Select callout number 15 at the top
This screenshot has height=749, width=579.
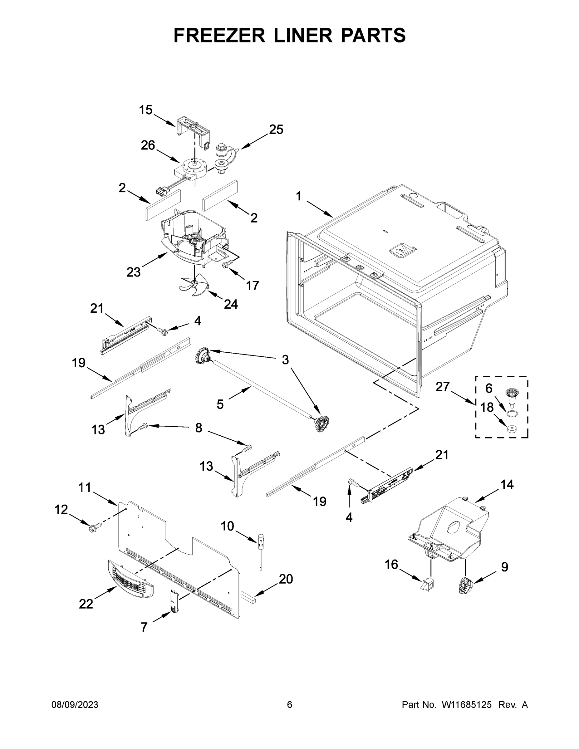click(x=145, y=110)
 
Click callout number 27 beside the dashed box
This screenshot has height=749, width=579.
click(x=442, y=387)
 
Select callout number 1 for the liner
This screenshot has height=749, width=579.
click(x=298, y=196)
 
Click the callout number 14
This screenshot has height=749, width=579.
click(x=507, y=485)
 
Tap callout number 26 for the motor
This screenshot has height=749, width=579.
click(x=148, y=145)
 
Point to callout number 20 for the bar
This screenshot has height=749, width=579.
click(x=286, y=579)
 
